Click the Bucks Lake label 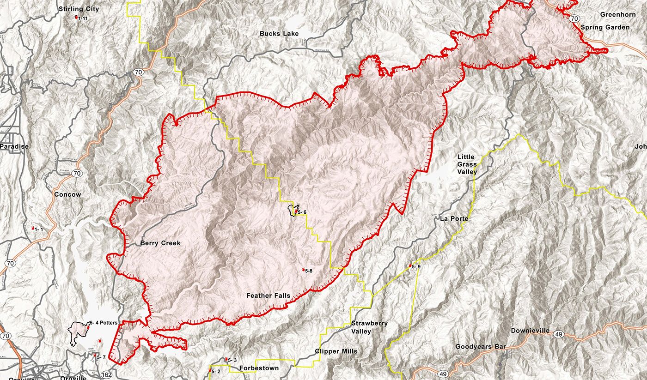click(x=279, y=34)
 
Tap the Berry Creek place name click(x=160, y=243)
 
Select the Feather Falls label click(x=268, y=296)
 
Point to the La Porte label click(x=454, y=219)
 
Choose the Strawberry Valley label click(x=369, y=327)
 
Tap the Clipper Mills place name click(x=336, y=351)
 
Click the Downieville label click(x=530, y=331)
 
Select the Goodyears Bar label click(x=481, y=347)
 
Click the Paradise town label click(x=14, y=146)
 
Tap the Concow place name click(x=67, y=194)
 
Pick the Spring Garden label click(x=605, y=27)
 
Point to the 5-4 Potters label click(x=104, y=322)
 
